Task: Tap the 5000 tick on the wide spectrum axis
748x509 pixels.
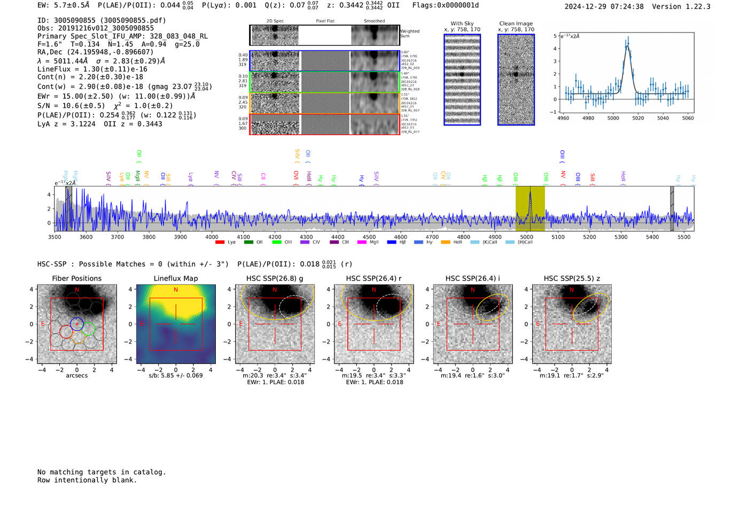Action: click(x=526, y=237)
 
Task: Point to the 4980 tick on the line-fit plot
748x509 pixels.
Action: click(x=588, y=118)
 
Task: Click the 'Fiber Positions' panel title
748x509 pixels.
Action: click(x=76, y=278)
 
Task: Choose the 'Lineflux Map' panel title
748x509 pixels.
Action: click(x=176, y=278)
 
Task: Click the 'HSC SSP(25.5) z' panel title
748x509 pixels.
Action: click(x=572, y=278)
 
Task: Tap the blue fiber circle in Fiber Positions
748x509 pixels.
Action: click(x=77, y=324)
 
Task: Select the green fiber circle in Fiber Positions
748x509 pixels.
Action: click(x=89, y=329)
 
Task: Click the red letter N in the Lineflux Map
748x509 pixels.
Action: click(x=176, y=289)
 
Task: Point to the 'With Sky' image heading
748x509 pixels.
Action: click(x=462, y=24)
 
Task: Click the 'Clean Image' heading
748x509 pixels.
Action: click(x=516, y=24)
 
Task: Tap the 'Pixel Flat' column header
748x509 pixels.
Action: click(x=325, y=21)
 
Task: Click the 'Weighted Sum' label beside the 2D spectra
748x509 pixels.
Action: click(x=409, y=34)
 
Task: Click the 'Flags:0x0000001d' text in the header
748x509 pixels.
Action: click(x=445, y=5)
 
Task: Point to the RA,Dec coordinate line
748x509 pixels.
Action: click(x=95, y=52)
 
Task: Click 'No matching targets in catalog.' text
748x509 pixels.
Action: click(x=102, y=472)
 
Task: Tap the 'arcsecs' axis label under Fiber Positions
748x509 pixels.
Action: click(x=76, y=375)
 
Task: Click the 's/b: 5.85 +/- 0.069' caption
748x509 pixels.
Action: click(x=176, y=375)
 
